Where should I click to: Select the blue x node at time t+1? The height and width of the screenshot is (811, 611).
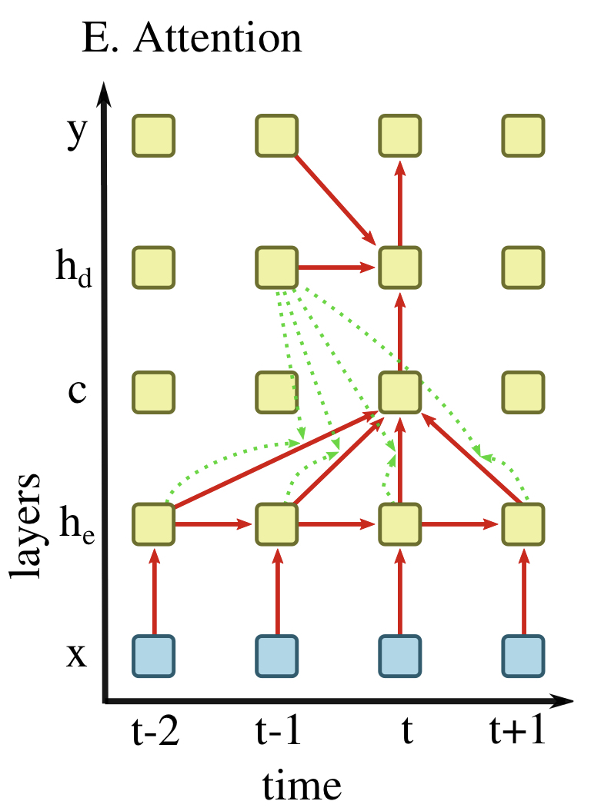(524, 656)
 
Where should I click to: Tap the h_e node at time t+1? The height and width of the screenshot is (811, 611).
(524, 524)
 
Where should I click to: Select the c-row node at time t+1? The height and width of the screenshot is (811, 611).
(524, 392)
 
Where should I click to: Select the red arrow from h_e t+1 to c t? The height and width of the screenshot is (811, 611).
(474, 460)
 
